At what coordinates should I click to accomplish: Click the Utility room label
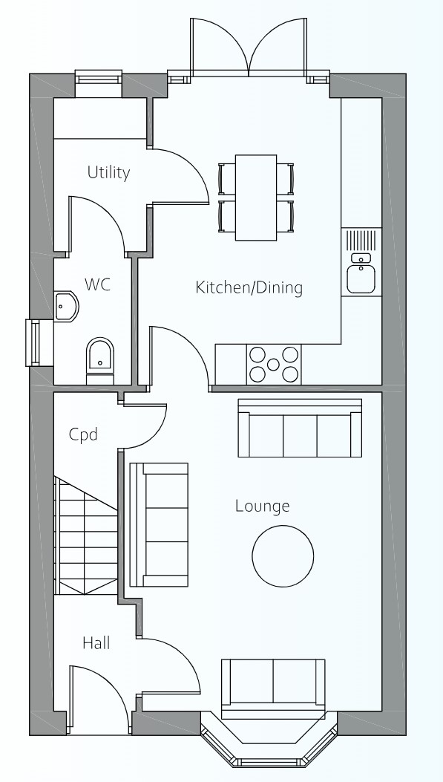tap(108, 172)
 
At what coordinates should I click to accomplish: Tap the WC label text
tap(97, 284)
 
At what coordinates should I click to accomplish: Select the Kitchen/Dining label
tap(249, 287)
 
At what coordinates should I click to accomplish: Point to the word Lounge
tap(262, 506)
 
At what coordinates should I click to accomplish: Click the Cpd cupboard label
tap(82, 434)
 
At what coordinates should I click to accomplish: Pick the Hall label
tap(96, 643)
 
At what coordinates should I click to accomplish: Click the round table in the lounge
tap(283, 556)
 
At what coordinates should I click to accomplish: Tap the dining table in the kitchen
tap(256, 198)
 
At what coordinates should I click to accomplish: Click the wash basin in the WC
tap(65, 307)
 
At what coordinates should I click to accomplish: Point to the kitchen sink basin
tap(361, 278)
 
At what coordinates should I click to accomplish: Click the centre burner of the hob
tap(273, 365)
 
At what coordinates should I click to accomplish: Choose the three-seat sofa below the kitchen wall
tap(300, 428)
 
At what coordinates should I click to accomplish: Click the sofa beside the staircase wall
tap(159, 524)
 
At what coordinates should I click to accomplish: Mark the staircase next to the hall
tap(85, 535)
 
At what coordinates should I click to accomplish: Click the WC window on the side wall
tap(33, 343)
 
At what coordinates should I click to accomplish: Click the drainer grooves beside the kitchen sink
tap(361, 241)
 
